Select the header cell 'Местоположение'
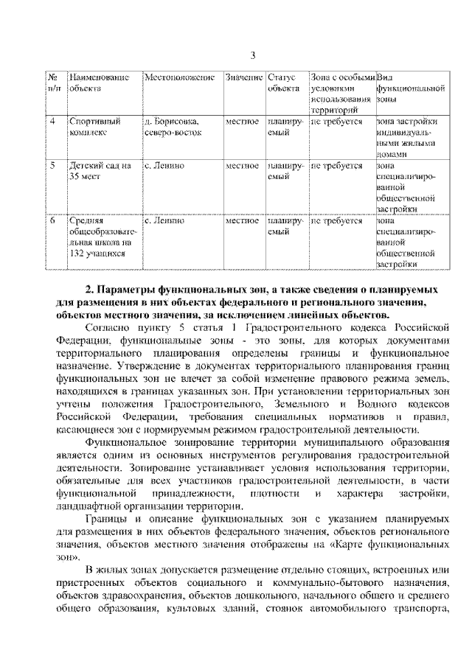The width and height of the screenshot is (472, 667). pos(179,77)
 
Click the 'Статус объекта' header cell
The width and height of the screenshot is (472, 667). pos(283,83)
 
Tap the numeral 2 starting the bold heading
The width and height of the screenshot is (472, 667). pos(88,291)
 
